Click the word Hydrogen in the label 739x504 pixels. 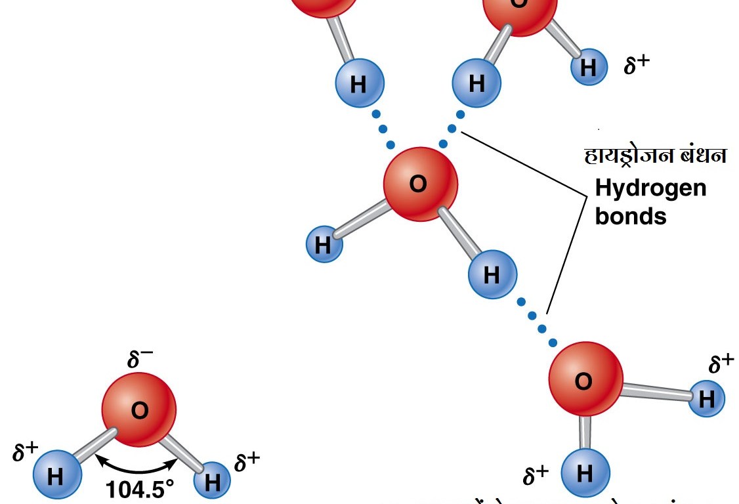(650, 188)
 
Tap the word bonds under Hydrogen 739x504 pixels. (630, 216)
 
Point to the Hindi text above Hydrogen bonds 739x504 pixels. (655, 157)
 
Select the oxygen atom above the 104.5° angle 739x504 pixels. (138, 409)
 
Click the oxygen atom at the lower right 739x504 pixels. (585, 380)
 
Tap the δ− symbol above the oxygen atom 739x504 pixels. (140, 360)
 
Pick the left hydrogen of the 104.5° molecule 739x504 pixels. (56, 474)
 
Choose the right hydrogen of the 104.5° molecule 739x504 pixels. (212, 481)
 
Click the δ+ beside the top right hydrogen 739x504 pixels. (636, 64)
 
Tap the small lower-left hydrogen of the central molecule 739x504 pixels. (324, 244)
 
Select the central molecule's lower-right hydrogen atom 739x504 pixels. (492, 274)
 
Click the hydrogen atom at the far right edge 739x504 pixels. (706, 398)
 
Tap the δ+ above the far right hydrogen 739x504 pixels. (721, 364)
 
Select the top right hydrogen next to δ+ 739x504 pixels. (589, 67)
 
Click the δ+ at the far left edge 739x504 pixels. (26, 452)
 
